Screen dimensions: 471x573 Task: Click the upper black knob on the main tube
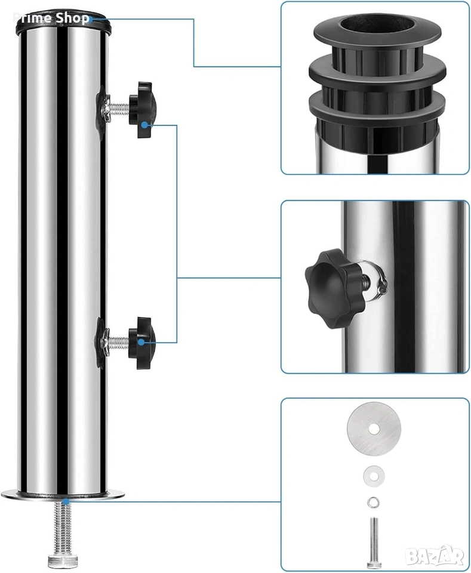pos(143,110)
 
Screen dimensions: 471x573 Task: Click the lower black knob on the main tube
pos(143,343)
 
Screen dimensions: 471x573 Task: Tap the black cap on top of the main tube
pos(63,24)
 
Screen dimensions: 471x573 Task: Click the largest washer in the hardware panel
pos(374,429)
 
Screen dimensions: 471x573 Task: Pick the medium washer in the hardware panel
pos(374,476)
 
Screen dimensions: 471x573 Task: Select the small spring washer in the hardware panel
pos(374,503)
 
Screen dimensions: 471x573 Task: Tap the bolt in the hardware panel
pos(374,542)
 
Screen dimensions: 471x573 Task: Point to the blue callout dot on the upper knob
pos(144,125)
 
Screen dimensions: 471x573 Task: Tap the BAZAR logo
pos(435,556)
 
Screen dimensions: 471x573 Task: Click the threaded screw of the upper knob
pos(119,109)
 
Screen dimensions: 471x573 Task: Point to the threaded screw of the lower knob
pos(119,342)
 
